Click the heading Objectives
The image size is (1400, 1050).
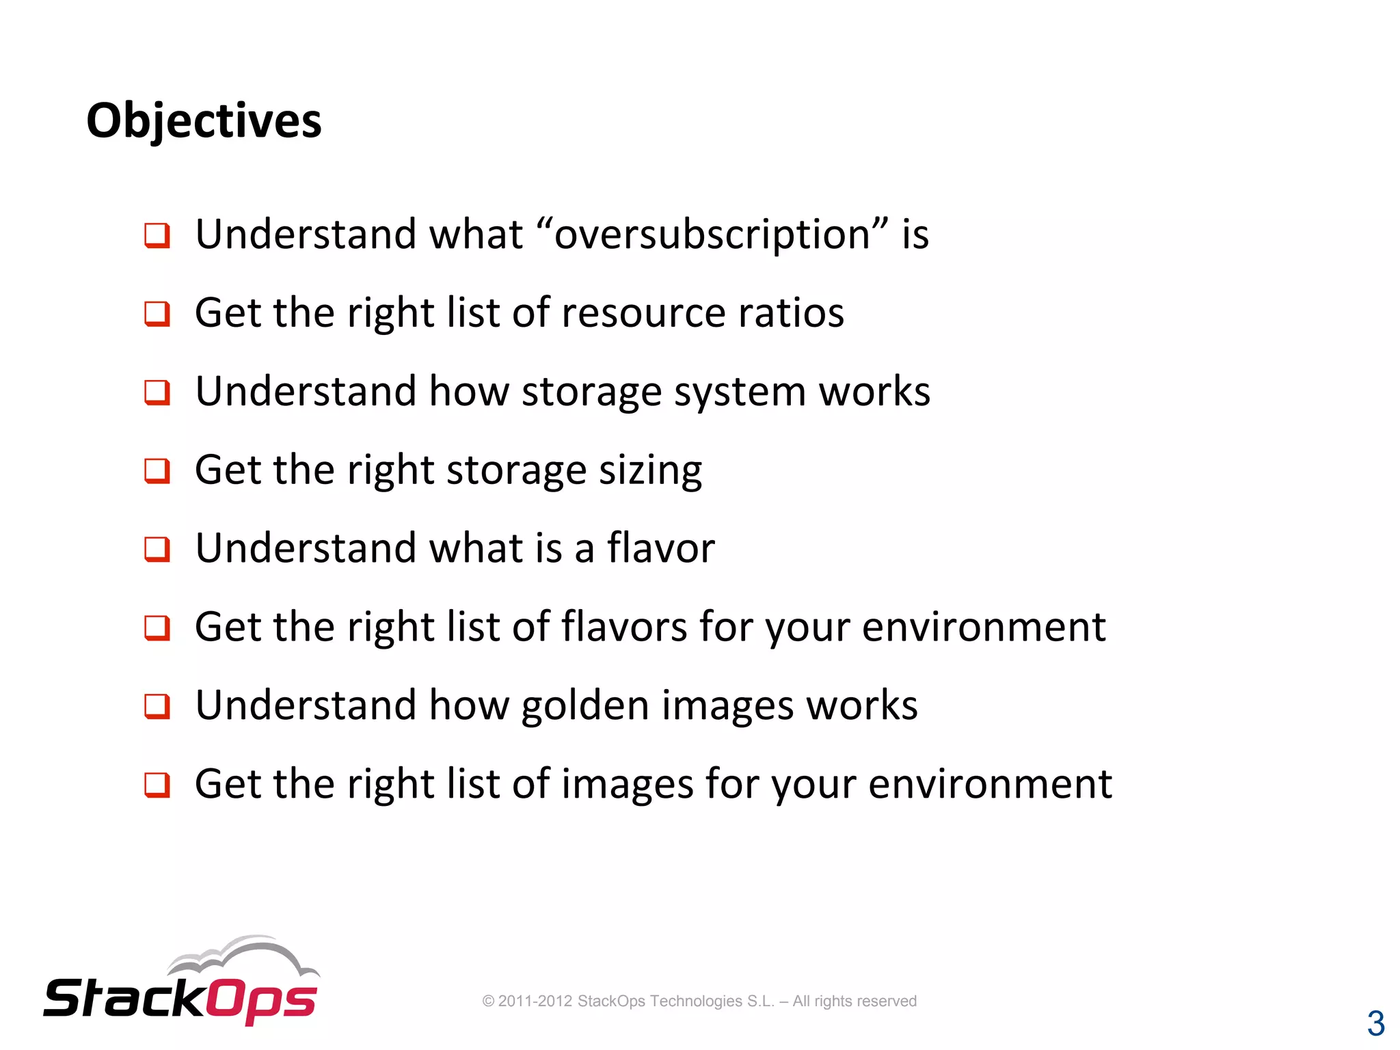(204, 121)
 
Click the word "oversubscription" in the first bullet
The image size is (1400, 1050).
(712, 234)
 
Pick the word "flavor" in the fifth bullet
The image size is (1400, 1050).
(660, 548)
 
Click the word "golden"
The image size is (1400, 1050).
(585, 705)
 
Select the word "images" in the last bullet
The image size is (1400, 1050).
(628, 784)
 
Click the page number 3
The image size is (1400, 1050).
(1375, 1023)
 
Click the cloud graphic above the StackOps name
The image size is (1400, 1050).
(243, 955)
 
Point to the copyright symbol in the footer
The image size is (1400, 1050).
(488, 1001)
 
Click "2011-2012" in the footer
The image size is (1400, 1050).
(535, 1001)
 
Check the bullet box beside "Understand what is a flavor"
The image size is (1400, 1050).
(157, 549)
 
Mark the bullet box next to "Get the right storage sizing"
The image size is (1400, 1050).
(157, 470)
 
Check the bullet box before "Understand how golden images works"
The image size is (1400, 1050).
(157, 706)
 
